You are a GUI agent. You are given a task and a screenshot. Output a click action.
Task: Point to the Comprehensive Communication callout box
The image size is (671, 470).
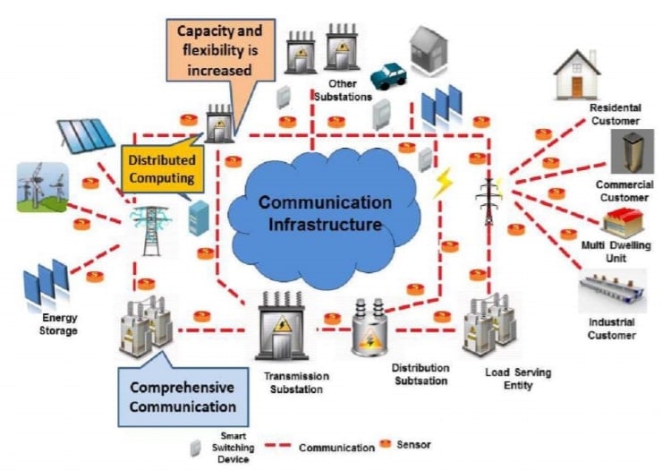(183, 397)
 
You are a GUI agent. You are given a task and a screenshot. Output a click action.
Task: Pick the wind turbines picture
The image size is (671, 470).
(42, 186)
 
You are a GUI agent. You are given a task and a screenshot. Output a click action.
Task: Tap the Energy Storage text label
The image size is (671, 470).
(60, 323)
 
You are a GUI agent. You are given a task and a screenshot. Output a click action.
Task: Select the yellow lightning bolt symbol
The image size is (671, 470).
(443, 184)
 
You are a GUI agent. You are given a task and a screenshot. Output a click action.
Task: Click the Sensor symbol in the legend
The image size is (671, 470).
(385, 442)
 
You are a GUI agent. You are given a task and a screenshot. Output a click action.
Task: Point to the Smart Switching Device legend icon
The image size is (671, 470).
(195, 447)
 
